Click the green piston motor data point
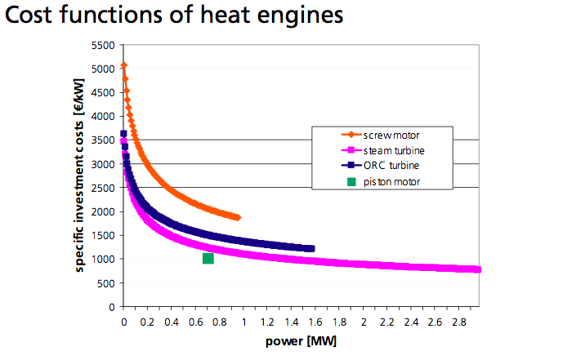point(208,259)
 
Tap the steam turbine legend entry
point(391,151)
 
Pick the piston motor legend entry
point(391,181)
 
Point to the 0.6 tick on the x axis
point(195,321)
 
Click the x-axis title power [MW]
point(301,341)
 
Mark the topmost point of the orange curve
point(123,65)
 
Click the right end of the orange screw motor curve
point(238,218)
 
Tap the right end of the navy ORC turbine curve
point(311,248)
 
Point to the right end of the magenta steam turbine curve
point(477,269)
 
